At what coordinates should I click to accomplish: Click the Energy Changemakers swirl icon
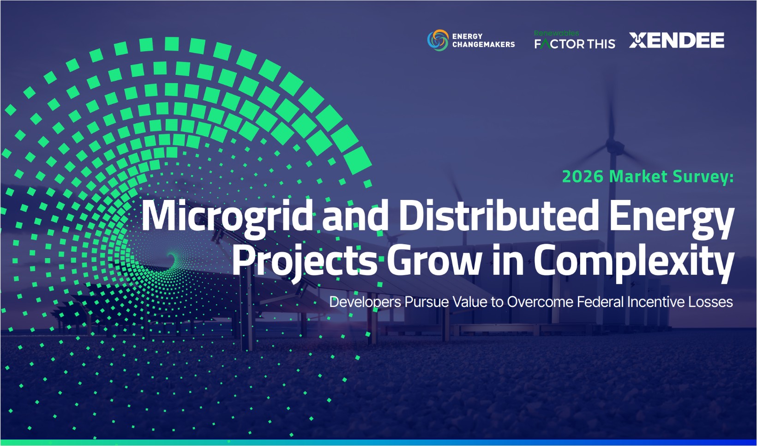click(438, 40)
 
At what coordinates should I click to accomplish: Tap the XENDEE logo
click(677, 40)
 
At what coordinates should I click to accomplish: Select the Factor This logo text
click(575, 44)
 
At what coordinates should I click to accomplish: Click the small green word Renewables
click(556, 33)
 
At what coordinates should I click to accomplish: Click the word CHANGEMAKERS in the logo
click(484, 44)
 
